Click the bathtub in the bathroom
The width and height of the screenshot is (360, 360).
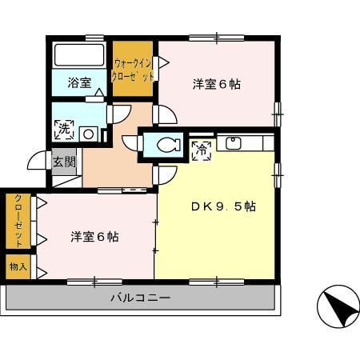79,55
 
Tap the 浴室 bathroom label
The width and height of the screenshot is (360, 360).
79,82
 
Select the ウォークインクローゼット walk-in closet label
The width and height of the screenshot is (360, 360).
132,70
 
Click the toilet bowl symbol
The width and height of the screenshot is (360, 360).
169,145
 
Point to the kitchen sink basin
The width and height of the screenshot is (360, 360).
234,144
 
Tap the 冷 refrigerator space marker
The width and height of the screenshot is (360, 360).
202,150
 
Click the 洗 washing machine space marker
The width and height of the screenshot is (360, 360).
64,130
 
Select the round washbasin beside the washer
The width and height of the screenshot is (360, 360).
89,134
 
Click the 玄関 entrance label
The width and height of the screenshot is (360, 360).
65,162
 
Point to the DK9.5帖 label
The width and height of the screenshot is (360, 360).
224,206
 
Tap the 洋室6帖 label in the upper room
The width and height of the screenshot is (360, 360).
217,84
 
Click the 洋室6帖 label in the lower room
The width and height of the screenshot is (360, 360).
94,237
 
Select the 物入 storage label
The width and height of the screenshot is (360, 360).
18,266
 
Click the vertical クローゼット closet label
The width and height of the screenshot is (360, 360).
18,221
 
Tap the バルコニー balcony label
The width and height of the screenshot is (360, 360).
141,298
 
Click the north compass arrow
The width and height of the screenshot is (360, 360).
342,307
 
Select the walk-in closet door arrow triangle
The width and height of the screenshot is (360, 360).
164,63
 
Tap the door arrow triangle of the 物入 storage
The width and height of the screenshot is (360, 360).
42,274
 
